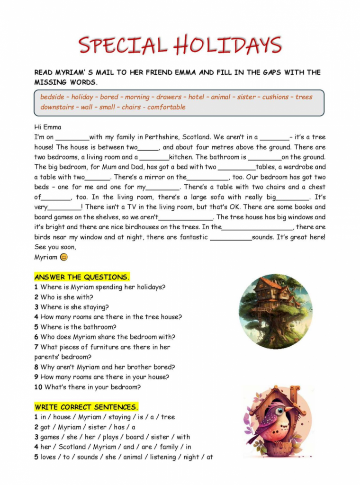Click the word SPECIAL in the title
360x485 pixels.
[x=123, y=45]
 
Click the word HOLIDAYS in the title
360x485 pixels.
[x=228, y=45]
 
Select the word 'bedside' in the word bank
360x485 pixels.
[x=52, y=97]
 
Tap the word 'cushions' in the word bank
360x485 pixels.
[x=275, y=97]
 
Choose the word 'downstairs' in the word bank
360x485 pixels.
[x=57, y=107]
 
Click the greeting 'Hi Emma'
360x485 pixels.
[x=48, y=127]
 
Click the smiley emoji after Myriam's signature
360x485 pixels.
[x=64, y=257]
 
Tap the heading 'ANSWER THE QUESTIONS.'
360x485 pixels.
[x=81, y=277]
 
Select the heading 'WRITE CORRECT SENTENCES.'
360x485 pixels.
[x=86, y=407]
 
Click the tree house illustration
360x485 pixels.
[x=275, y=310]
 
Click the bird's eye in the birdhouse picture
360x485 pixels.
[x=279, y=410]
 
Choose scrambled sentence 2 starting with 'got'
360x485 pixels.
[x=85, y=427]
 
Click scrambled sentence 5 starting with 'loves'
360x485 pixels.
[x=124, y=457]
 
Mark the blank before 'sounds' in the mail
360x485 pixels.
[x=231, y=238]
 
